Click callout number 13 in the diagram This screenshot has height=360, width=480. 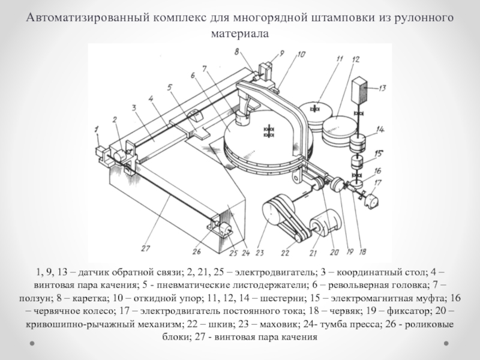tap(381, 87)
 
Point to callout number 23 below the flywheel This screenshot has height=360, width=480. tap(259, 244)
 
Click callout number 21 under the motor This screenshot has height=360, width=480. tap(312, 245)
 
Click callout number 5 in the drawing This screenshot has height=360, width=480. tap(170, 87)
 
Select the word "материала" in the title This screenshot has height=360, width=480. tap(239, 34)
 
